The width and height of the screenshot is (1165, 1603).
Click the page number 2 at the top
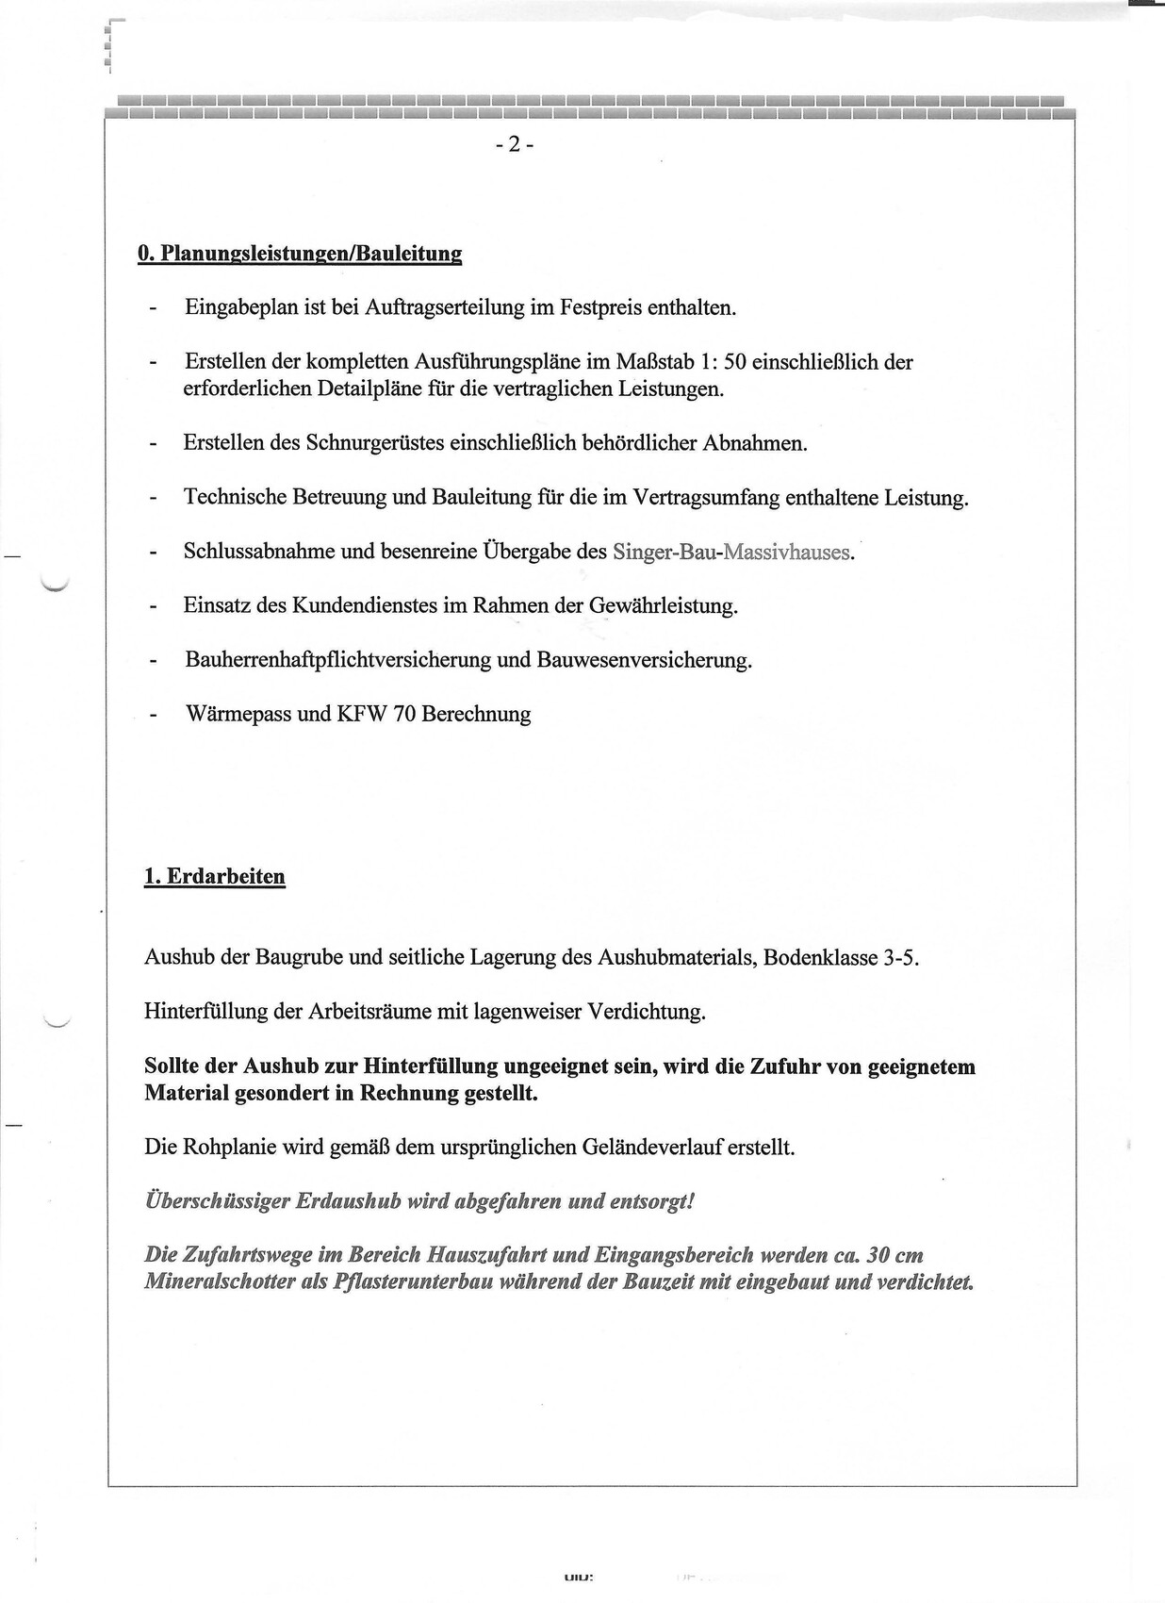(x=514, y=144)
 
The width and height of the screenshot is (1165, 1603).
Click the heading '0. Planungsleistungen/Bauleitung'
(x=300, y=254)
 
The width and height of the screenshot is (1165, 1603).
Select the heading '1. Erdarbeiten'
(x=214, y=876)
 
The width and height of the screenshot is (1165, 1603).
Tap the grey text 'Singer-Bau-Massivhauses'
(x=731, y=552)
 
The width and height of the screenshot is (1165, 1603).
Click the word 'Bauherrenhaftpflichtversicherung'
(x=338, y=660)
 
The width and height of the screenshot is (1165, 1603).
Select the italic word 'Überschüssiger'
(x=217, y=1201)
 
